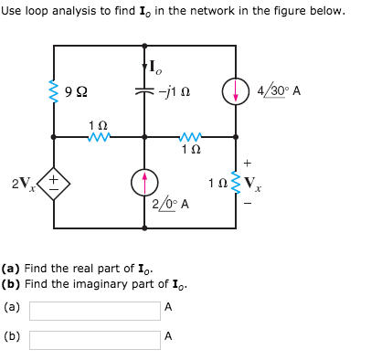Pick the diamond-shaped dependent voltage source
point(54,183)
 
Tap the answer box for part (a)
point(94,311)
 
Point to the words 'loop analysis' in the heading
point(56,11)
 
